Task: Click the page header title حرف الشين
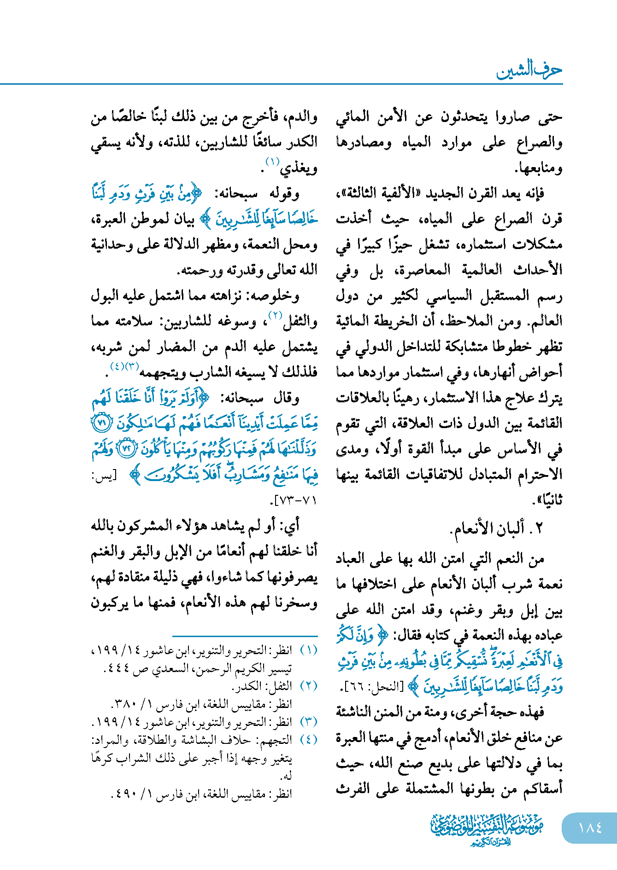529,71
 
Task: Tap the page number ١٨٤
590,828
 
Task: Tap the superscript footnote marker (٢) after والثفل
275,315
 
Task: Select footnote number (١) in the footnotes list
309,650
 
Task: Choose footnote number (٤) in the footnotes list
309,740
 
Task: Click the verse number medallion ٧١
101,423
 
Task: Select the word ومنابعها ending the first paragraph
538,168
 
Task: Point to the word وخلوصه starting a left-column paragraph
275,296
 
